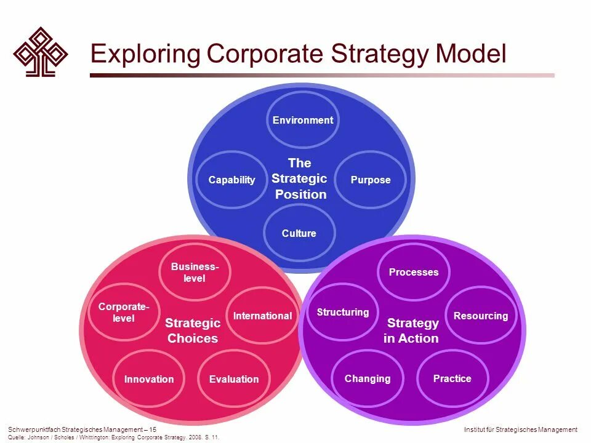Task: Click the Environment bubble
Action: (x=302, y=120)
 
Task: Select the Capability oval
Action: (x=231, y=180)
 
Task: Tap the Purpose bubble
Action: (x=371, y=180)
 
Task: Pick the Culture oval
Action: (x=299, y=233)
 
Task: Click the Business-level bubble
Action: (x=195, y=272)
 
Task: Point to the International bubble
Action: (x=262, y=316)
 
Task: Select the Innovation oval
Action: (x=149, y=379)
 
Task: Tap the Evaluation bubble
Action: (x=234, y=379)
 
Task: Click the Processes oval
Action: (x=414, y=272)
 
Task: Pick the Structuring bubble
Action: (x=343, y=312)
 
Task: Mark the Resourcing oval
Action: (x=481, y=316)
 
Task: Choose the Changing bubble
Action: (x=368, y=378)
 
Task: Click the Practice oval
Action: (x=452, y=378)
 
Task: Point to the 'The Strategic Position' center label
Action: (x=300, y=178)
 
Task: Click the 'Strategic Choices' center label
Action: (x=193, y=330)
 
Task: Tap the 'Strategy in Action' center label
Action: (x=412, y=330)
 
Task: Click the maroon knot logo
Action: (x=41, y=51)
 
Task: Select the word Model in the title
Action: (x=470, y=54)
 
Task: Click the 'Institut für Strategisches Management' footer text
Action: (x=520, y=429)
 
